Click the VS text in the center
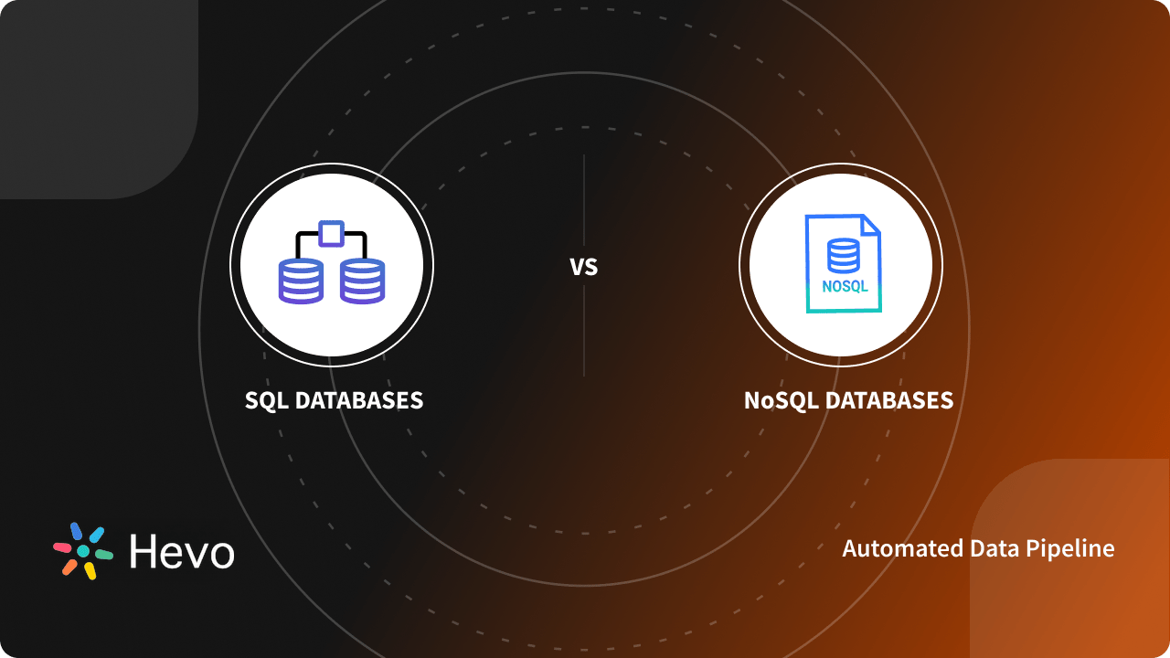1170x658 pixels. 583,267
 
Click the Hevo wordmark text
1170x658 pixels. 181,552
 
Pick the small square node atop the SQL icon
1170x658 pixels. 330,233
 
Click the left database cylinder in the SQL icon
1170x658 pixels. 300,281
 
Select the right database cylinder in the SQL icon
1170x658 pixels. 362,281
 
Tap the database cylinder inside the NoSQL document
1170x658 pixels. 843,256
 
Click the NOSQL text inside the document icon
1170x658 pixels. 844,286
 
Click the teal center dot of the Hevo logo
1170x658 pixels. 83,551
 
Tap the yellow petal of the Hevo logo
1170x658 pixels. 90,571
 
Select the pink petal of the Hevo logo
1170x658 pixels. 62,547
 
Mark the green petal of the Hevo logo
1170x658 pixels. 104,554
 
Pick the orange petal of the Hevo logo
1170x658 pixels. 69,567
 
